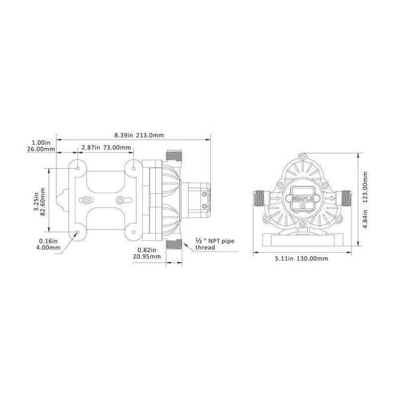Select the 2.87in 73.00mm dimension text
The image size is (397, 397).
[105, 148]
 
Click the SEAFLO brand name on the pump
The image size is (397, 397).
[302, 197]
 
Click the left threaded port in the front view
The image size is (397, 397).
[260, 197]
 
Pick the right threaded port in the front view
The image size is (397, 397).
[343, 197]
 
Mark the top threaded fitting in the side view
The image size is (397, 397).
[173, 156]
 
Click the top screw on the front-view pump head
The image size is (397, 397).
[302, 159]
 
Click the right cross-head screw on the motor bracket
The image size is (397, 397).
[120, 199]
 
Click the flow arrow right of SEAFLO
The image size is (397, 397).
[326, 197]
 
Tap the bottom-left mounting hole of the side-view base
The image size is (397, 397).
[78, 233]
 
